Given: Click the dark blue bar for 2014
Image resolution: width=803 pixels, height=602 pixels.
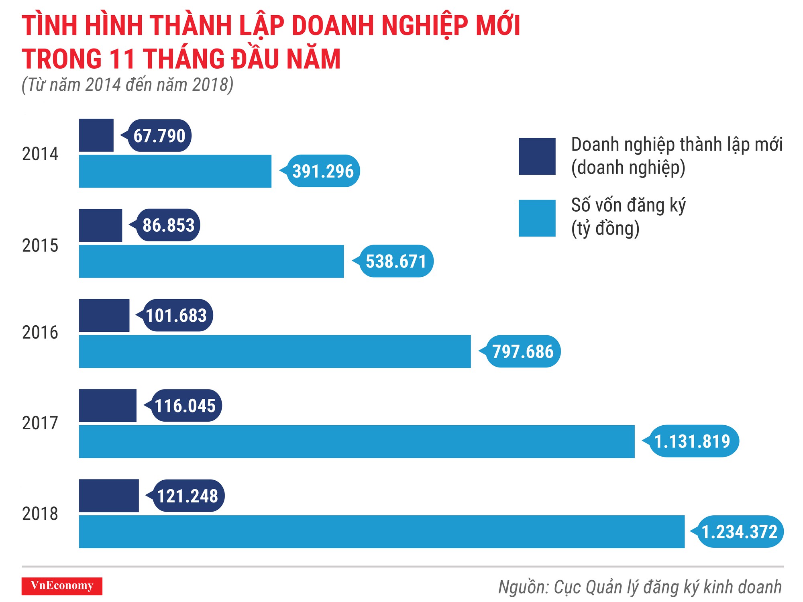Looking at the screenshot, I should tap(96, 135).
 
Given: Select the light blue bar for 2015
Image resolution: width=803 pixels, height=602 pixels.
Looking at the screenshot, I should tap(211, 261).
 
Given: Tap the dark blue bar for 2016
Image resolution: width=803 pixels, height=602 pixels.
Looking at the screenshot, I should tap(104, 315).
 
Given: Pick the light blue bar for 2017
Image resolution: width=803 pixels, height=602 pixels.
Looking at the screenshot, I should tap(357, 441).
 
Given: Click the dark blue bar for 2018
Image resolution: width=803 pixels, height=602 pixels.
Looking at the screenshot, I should tap(109, 496).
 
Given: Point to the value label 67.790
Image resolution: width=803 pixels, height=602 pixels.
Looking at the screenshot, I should tap(159, 136).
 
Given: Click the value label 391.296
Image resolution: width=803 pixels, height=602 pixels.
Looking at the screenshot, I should tap(323, 171).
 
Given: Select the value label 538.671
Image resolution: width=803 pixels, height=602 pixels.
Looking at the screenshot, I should tap(396, 261).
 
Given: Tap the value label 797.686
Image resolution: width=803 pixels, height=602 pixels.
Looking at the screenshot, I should tap(523, 351).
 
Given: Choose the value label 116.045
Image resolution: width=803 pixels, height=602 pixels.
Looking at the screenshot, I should tap(185, 406).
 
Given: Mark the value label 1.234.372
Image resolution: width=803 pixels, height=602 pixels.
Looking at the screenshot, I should tap(740, 532).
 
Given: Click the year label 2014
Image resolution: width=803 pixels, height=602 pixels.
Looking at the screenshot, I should tap(40, 154).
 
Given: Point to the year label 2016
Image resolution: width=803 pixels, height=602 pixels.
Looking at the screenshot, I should tap(40, 333).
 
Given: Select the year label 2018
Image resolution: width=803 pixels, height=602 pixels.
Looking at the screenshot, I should tap(40, 514).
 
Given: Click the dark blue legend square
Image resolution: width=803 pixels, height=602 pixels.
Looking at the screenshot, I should tap(537, 156).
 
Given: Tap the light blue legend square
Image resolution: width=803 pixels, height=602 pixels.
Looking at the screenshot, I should tap(537, 218).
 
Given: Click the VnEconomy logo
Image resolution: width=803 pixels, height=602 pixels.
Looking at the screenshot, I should tap(62, 586).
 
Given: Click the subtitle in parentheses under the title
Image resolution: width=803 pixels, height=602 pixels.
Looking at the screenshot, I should tap(127, 85).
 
